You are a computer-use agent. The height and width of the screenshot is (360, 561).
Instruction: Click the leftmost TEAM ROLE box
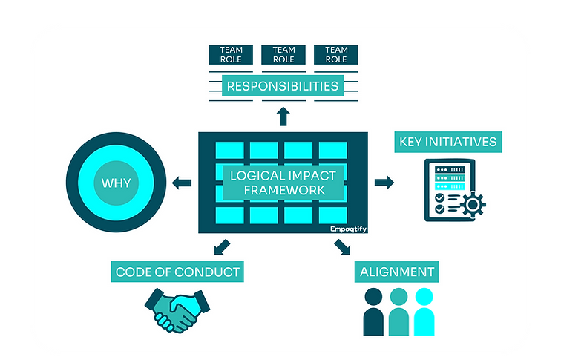pyautogui.click(x=231, y=54)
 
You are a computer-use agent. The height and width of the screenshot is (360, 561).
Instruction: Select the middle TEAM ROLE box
pyautogui.click(x=283, y=54)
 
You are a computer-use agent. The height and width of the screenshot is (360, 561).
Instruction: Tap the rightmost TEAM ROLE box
pyautogui.click(x=336, y=54)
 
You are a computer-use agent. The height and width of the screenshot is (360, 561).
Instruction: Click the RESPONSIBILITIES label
pyautogui.click(x=283, y=86)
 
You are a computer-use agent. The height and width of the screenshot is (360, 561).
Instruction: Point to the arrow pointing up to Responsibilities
pyautogui.click(x=283, y=115)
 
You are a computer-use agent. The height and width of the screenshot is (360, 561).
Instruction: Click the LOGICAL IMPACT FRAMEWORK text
pyautogui.click(x=283, y=183)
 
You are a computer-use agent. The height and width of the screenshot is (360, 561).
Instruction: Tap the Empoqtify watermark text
pyautogui.click(x=349, y=229)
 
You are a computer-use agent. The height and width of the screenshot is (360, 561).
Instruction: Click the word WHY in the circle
pyautogui.click(x=111, y=183)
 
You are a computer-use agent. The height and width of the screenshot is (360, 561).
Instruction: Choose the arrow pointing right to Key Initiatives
pyautogui.click(x=384, y=183)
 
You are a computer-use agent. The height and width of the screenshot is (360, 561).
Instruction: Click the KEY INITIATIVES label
pyautogui.click(x=448, y=142)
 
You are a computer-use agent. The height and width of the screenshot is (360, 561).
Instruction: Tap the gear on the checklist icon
pyautogui.click(x=472, y=203)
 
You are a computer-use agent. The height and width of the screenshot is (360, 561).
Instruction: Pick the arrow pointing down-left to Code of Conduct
pyautogui.click(x=221, y=247)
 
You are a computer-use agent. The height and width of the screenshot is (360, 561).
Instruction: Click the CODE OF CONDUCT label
pyautogui.click(x=177, y=272)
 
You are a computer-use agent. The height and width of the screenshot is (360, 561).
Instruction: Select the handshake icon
pyautogui.click(x=177, y=310)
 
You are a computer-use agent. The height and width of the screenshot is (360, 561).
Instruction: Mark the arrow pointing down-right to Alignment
pyautogui.click(x=342, y=247)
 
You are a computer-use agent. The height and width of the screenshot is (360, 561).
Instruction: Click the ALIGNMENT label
pyautogui.click(x=397, y=272)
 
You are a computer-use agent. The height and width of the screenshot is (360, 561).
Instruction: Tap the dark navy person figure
pyautogui.click(x=373, y=311)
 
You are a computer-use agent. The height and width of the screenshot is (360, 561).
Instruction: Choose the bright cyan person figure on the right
pyautogui.click(x=424, y=311)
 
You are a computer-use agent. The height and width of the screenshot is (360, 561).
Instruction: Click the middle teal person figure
pyautogui.click(x=398, y=311)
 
